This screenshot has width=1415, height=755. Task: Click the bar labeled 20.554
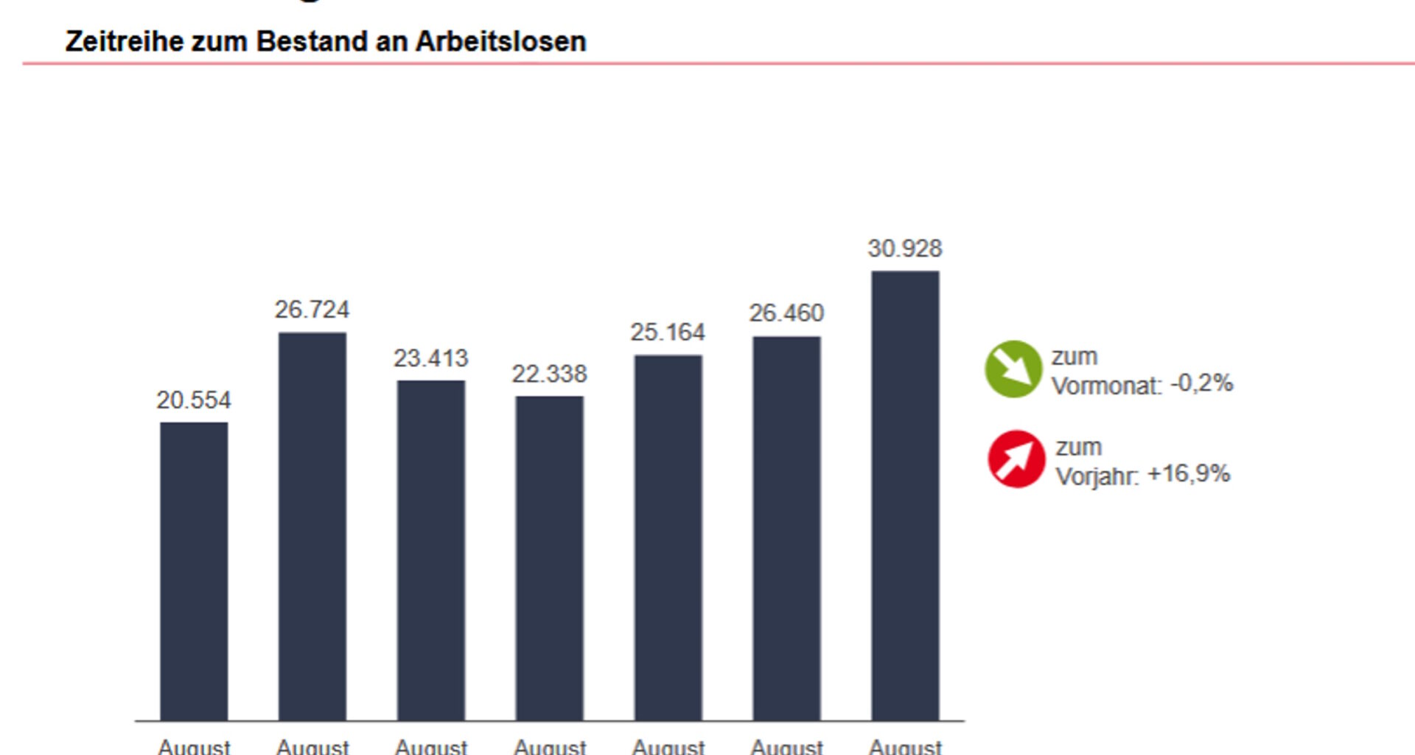[194, 571]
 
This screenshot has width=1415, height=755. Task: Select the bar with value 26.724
[312, 526]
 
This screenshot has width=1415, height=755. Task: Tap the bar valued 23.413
[431, 550]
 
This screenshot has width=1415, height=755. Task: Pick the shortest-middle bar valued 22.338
[550, 558]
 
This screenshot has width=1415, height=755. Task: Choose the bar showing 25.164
[668, 537]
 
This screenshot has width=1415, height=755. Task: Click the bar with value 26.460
[786, 528]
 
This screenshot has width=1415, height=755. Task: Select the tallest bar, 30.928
[905, 495]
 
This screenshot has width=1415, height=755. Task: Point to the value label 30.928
[904, 248]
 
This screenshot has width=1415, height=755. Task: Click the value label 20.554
[193, 400]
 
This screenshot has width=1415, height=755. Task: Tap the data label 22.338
[549, 374]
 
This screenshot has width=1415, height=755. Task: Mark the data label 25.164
[668, 333]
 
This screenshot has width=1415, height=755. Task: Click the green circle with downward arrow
[1013, 369]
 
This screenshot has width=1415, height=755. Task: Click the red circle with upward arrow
[1016, 459]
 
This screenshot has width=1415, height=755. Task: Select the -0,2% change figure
[1201, 383]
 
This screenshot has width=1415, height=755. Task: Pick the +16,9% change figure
[1189, 473]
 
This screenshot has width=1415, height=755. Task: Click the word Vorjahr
[1096, 476]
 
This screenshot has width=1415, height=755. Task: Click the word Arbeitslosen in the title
[500, 41]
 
